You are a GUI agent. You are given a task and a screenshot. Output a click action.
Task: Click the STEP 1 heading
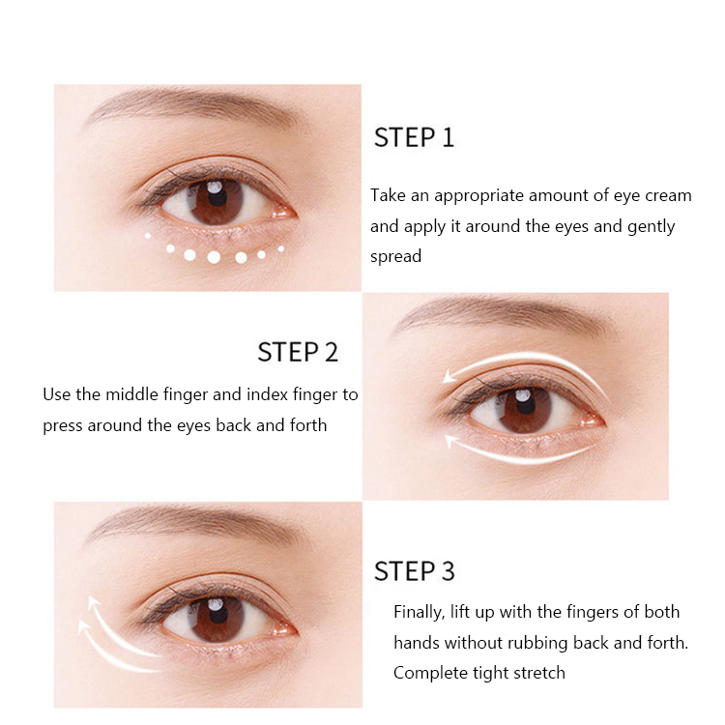pyautogui.click(x=414, y=137)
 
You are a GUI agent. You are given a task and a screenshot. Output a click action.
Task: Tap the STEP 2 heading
pyautogui.click(x=298, y=352)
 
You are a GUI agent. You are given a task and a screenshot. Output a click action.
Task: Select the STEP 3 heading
pyautogui.click(x=414, y=570)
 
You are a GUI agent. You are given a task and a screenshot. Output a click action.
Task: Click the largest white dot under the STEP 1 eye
pyautogui.click(x=214, y=257)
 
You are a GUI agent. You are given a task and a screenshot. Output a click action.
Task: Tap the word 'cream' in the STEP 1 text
pyautogui.click(x=667, y=195)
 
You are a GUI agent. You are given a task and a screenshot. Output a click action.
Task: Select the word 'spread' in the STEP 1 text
pyautogui.click(x=396, y=257)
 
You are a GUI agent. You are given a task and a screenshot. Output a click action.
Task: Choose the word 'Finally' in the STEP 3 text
pyautogui.click(x=420, y=612)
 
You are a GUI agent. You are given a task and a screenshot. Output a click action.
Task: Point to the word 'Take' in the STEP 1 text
pyautogui.click(x=389, y=195)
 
